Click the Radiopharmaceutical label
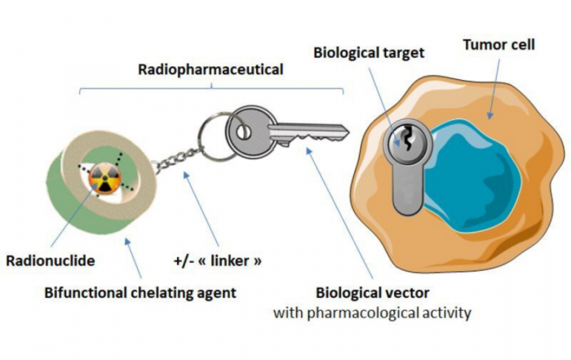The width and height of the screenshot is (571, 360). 210,69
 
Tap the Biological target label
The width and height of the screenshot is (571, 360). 369,53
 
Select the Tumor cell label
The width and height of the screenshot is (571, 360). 499,45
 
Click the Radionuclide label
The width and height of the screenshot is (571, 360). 51,261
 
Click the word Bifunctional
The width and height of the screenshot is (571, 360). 86,292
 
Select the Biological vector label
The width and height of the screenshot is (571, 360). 373,292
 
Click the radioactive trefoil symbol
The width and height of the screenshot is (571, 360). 104,177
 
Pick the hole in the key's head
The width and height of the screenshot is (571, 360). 242,132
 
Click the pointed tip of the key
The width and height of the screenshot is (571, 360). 348,131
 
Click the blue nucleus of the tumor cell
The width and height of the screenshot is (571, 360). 471,175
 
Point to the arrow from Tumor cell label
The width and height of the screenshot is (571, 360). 494,88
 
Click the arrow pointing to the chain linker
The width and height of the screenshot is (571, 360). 201,209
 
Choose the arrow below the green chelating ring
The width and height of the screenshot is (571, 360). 133,258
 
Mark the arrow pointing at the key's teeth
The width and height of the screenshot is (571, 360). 339,213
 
